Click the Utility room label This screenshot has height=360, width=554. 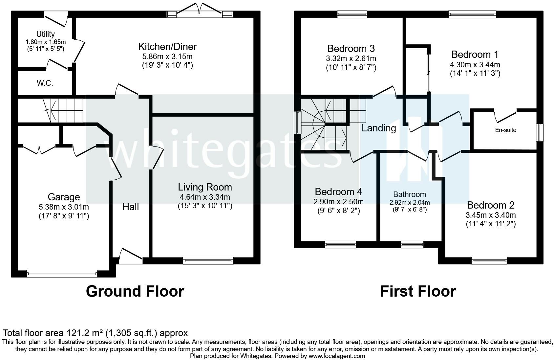point(45,34)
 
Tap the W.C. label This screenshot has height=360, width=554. point(45,83)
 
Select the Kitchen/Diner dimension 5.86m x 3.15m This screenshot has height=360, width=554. point(167,56)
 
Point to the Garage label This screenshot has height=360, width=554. point(64,197)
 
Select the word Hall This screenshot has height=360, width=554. point(131,207)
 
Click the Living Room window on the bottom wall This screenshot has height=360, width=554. point(208,261)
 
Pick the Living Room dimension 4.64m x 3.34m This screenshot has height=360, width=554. point(205,197)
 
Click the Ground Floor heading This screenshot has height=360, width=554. point(135,291)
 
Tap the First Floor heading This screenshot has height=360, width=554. point(418,291)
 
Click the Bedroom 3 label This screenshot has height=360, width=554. point(351,49)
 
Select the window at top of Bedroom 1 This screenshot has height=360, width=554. point(472,14)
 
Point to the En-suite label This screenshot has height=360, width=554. point(505,130)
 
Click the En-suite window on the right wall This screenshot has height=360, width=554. point(539,133)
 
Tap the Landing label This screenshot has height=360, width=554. point(379,128)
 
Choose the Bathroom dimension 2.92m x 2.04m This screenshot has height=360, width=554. point(409,203)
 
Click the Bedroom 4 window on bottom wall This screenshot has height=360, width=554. point(340,244)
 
